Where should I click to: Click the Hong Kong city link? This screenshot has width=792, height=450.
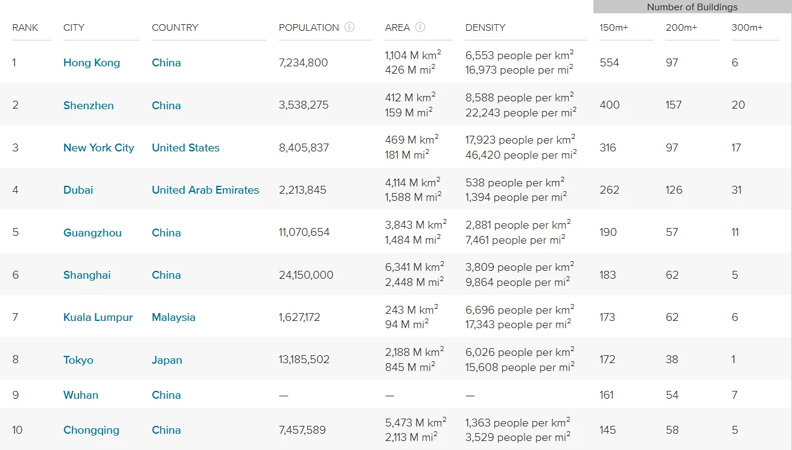[x=92, y=63]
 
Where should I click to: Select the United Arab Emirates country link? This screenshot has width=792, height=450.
[x=205, y=190]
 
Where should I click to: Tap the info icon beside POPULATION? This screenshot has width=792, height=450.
[x=350, y=27]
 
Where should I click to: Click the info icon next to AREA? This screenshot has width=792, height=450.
[x=420, y=27]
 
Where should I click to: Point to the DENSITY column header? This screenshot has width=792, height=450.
[x=485, y=28]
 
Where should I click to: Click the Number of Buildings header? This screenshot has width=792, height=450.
[x=692, y=7]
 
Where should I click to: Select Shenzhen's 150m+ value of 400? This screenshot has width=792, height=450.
[x=610, y=105]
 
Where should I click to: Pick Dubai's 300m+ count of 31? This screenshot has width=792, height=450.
[x=736, y=190]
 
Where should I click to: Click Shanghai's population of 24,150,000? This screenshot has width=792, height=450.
[x=306, y=275]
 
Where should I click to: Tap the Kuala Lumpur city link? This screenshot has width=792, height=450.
[x=98, y=317]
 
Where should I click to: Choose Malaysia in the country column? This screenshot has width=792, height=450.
[x=173, y=317]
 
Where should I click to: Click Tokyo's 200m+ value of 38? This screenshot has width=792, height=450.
[x=672, y=360]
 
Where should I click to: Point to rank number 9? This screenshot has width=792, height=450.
[x=16, y=395]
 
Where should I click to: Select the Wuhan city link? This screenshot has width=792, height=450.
[x=81, y=395]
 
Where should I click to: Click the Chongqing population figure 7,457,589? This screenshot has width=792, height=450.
[x=302, y=430]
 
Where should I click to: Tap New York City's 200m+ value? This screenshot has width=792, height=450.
[x=672, y=148]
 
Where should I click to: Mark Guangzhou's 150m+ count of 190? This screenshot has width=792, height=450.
[x=608, y=232]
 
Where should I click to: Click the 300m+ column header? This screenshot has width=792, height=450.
[x=747, y=28]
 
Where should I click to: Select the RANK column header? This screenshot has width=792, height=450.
[x=25, y=28]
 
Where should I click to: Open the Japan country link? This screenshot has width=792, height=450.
[x=167, y=360]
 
